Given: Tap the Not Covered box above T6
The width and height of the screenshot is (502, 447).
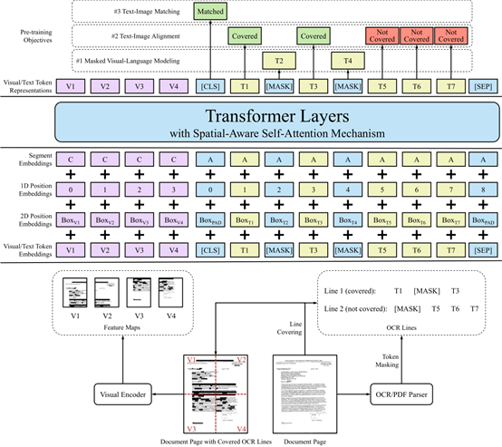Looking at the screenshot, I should coord(417,37).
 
